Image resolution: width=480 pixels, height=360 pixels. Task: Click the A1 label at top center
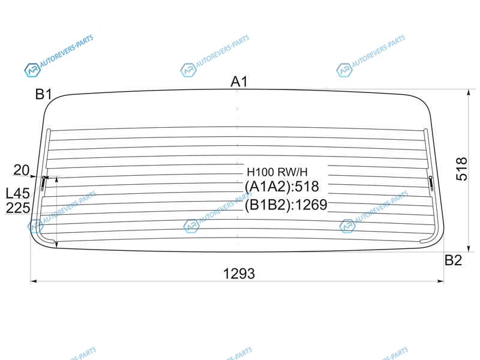pos(239,82)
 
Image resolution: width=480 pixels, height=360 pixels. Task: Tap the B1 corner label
pos(43,94)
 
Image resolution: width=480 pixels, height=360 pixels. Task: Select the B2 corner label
pos(453,260)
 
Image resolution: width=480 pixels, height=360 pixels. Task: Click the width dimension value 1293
pos(239,274)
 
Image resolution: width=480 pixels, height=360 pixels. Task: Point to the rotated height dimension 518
pos(461,169)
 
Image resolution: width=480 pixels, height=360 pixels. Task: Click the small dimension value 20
pos(22,170)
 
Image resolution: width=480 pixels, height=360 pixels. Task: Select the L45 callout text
pos(18,193)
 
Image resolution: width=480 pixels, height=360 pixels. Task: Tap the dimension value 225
pos(18,208)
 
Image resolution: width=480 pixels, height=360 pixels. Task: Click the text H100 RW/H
pos(277,172)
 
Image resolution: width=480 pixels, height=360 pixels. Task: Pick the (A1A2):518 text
pos(281,187)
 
